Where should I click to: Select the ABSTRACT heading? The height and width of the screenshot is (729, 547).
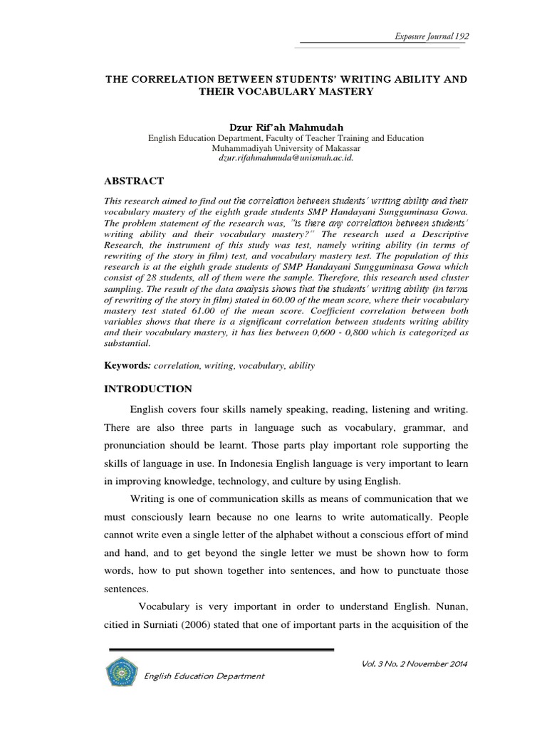click(x=135, y=182)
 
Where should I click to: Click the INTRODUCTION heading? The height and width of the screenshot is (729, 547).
click(x=149, y=389)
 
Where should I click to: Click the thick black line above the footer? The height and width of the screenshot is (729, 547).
click(x=221, y=649)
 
